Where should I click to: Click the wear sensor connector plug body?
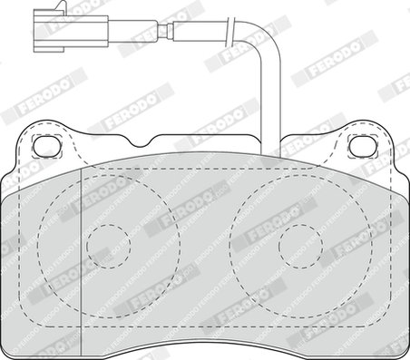pyautogui.click(x=71, y=31)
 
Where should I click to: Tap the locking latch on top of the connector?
pyautogui.click(x=62, y=5)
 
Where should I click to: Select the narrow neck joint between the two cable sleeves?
pyautogui.click(x=165, y=31)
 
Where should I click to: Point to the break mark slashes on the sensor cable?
pyautogui.click(x=231, y=32)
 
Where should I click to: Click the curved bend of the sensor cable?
pyautogui.click(x=266, y=39)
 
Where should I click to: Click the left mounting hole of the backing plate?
pyautogui.click(x=47, y=146)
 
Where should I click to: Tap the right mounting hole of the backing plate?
pyautogui.click(x=363, y=146)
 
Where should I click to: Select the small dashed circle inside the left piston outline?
pyautogui.click(x=109, y=247)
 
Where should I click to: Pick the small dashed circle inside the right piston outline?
pyautogui.click(x=301, y=247)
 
